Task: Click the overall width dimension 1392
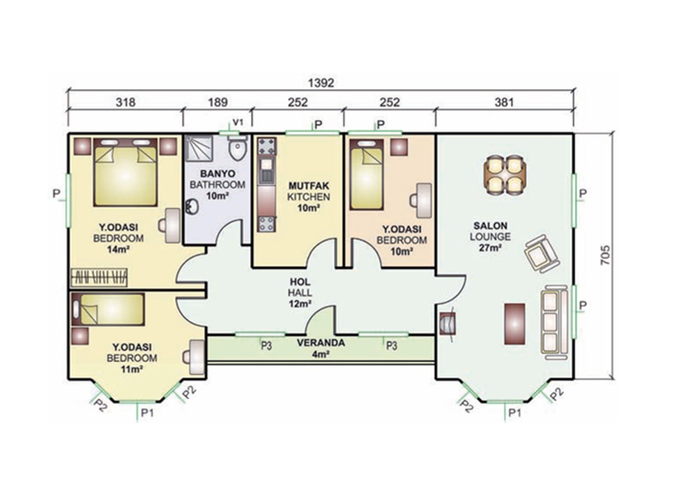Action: (x=321, y=83)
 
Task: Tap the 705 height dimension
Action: (x=606, y=255)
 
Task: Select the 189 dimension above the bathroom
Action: (x=218, y=102)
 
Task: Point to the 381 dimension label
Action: (x=504, y=102)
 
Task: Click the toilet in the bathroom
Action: (x=237, y=148)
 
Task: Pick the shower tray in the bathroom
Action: (x=199, y=149)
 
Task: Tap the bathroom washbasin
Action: (x=192, y=206)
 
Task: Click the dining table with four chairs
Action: (x=505, y=175)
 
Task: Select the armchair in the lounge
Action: (x=541, y=253)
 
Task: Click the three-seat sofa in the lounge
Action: (x=554, y=322)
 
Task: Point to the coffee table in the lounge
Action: (x=514, y=324)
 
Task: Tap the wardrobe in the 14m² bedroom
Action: (x=99, y=277)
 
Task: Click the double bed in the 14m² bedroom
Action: (x=125, y=172)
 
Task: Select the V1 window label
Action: (x=238, y=122)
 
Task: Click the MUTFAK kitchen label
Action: (x=309, y=186)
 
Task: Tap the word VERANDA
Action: (x=321, y=343)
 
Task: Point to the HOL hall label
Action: (x=300, y=281)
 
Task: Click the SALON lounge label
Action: (x=490, y=226)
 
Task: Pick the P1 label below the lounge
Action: (x=514, y=413)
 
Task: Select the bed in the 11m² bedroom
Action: (x=108, y=309)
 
